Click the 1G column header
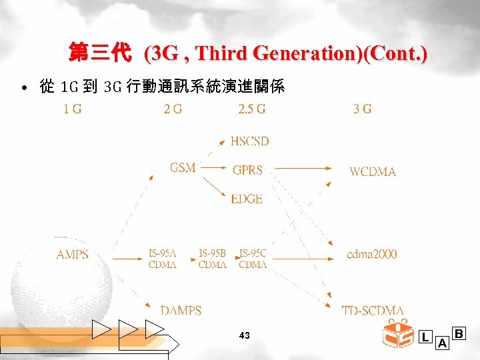(73, 109)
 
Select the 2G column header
(173, 109)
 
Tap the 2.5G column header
(252, 109)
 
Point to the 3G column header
(363, 109)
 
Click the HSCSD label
(249, 141)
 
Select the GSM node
(183, 168)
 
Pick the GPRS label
(247, 171)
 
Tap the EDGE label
(247, 199)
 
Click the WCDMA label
(373, 172)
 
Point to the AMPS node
(73, 255)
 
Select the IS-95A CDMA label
(163, 259)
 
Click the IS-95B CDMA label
(213, 259)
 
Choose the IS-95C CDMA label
(253, 259)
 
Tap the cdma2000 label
(372, 254)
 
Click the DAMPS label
(181, 311)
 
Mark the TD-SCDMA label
(373, 311)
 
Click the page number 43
(244, 336)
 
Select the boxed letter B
(459, 333)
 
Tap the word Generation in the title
(288, 53)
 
